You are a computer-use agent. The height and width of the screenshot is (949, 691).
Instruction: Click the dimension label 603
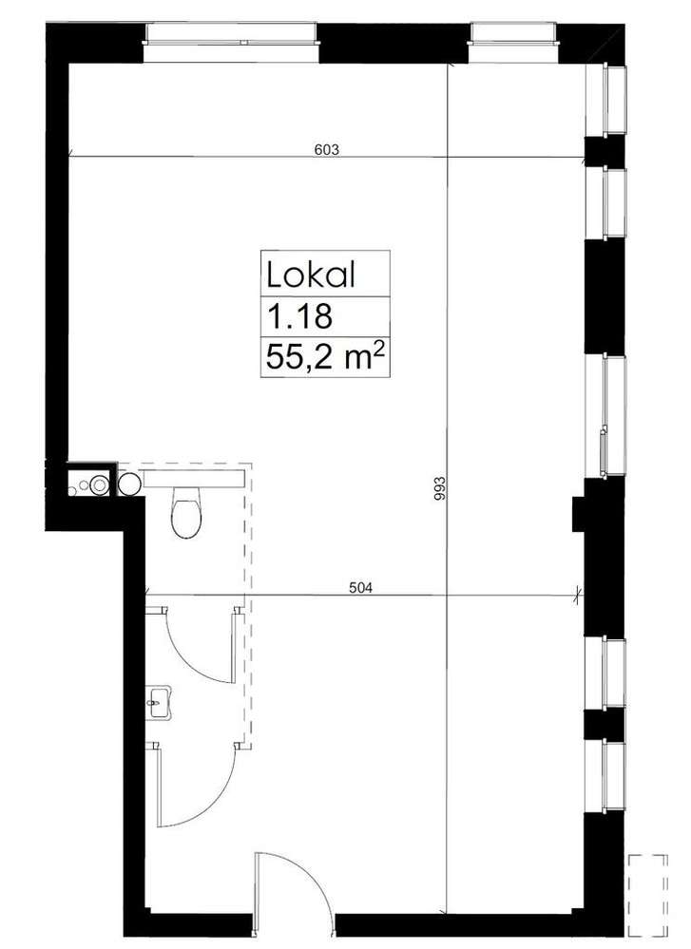pos(327,149)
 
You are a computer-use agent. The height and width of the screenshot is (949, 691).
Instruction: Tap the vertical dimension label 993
pos(440,488)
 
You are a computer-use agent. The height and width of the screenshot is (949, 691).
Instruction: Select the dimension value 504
pos(361,586)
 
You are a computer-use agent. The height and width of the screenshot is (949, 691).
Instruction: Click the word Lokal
pos(311,275)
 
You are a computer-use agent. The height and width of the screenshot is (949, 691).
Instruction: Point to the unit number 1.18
pos(299,316)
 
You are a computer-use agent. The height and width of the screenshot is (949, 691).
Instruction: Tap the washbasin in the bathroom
pos(160,702)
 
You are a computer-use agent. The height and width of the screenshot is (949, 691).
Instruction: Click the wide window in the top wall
pos(231,34)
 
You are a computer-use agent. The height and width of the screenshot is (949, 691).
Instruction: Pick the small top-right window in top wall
pos(513,34)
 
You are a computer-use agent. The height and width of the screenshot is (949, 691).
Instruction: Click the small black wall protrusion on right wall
pos(578,514)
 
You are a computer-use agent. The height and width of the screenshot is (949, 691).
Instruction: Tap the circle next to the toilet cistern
pos(129,484)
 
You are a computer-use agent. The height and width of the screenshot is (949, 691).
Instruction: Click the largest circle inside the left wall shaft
pos(99,484)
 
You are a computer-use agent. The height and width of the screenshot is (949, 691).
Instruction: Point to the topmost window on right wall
pos(614,99)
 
